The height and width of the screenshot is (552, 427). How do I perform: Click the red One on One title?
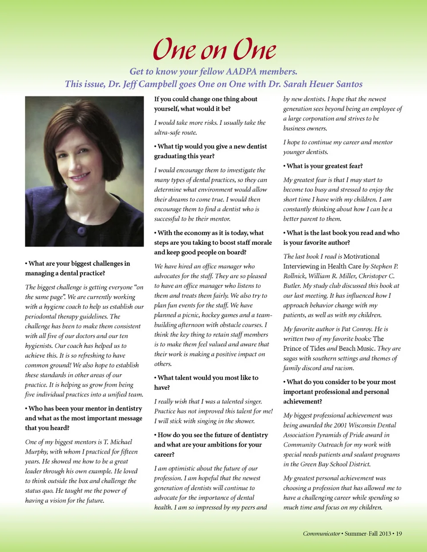[214, 49]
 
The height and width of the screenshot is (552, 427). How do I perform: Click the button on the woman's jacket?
[81, 231]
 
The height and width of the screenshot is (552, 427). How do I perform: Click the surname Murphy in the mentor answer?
[36, 452]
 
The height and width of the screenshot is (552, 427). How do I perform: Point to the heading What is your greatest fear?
[324, 166]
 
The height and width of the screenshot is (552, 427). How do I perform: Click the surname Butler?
[292, 286]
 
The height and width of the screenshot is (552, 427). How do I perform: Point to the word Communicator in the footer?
[321, 533]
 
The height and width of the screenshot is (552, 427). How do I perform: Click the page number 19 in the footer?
[399, 533]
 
